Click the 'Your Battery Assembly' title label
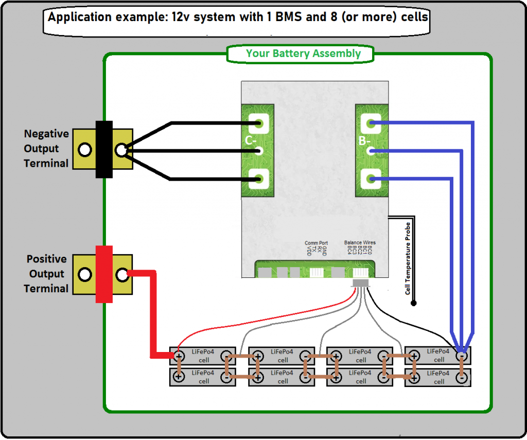(x=303, y=54)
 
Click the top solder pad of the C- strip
(x=259, y=123)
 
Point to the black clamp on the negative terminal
(x=104, y=150)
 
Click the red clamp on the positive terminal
(x=104, y=275)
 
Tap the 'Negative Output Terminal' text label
(x=46, y=149)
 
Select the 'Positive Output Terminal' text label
(x=46, y=274)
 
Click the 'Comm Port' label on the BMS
(x=316, y=243)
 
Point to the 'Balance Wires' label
(x=360, y=242)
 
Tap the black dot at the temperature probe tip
(x=413, y=304)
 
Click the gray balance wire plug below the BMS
(x=360, y=284)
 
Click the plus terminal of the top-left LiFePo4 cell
(x=179, y=356)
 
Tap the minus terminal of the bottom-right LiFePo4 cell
(x=462, y=377)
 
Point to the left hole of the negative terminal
(x=85, y=150)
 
